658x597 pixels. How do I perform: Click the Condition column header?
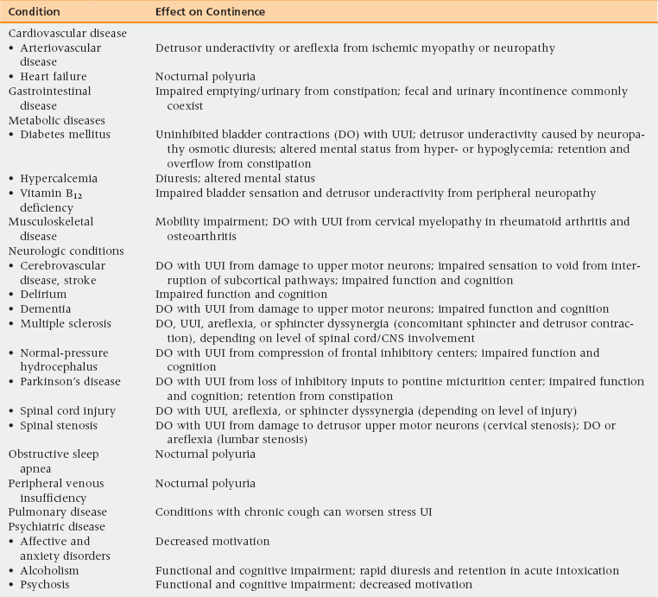coord(34,13)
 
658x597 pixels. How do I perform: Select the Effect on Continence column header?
coord(211,13)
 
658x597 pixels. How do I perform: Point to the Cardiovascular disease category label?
coord(67,33)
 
